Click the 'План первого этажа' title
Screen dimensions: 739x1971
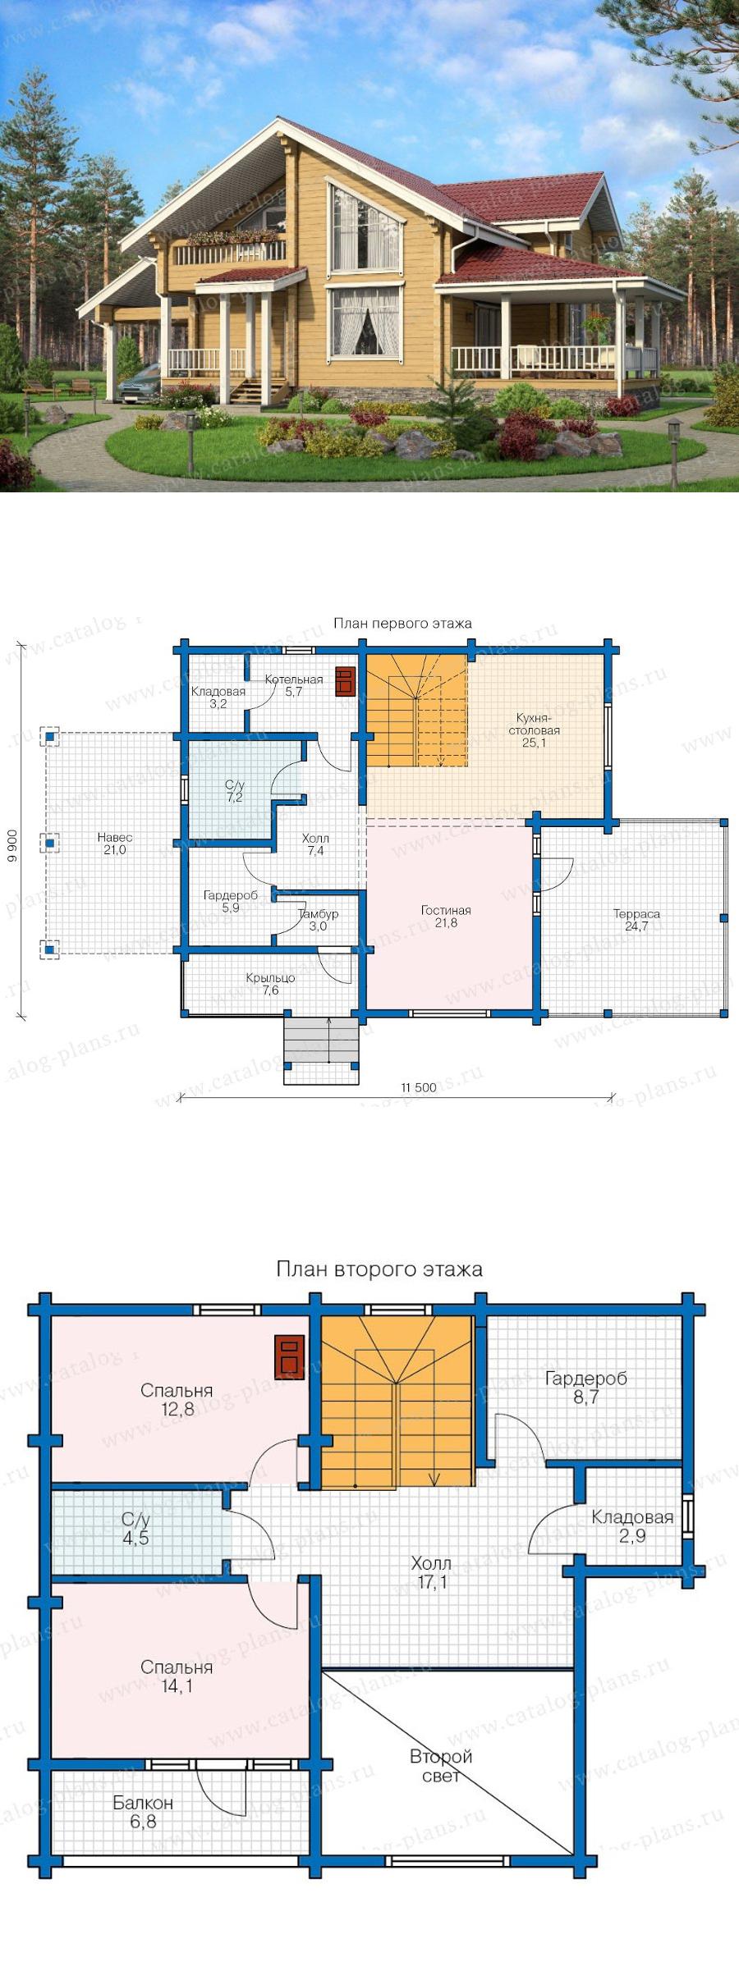pos(402,624)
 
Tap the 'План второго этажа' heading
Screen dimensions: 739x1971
pos(379,1269)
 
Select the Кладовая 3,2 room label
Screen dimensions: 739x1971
pos(218,697)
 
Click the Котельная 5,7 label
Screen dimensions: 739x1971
pos(294,686)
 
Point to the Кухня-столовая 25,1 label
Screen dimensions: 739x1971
pos(535,730)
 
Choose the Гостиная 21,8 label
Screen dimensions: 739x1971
pos(446,917)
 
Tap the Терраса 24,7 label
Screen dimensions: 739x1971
pos(636,920)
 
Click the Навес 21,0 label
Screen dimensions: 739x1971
pos(115,844)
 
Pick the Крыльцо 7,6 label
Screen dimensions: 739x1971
pos(270,984)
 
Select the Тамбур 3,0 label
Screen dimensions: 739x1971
pos(318,920)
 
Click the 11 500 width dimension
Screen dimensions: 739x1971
pos(419,1088)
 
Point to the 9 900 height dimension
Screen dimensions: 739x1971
pos(12,846)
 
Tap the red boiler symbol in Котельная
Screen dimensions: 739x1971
pos(345,681)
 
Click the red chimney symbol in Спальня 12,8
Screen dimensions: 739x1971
pos(289,1357)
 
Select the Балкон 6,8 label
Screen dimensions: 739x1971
pos(143,1812)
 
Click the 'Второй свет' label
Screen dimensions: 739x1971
pos(441,1766)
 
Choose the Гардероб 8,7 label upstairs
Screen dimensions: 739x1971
pos(586,1388)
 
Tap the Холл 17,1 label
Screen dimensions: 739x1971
pos(431,1572)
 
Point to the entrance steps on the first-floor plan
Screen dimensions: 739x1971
pos(321,1051)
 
